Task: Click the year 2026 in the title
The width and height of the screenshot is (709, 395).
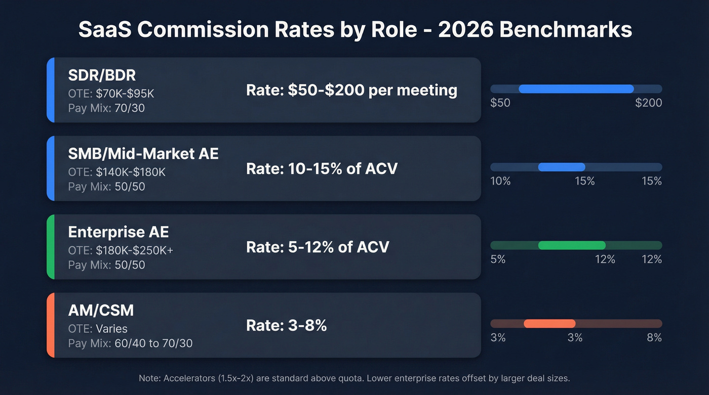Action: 464,30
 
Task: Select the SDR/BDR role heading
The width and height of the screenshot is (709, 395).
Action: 102,75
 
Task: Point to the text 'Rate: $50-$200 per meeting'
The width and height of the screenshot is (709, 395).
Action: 351,90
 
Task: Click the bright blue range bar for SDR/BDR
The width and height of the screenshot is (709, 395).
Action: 576,89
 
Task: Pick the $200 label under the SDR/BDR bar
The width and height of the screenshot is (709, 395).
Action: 648,103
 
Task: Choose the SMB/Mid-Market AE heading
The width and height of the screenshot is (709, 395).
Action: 143,153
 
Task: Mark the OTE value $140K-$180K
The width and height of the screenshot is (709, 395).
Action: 131,172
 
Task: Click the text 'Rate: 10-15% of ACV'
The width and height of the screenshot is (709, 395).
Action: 322,168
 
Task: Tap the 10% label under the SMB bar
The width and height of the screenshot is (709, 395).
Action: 500,181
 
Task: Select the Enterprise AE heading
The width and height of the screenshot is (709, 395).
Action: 119,232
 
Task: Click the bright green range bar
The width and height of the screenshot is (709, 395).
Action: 572,245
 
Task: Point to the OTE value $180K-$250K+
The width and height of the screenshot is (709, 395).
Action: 135,251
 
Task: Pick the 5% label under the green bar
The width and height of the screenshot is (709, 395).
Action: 498,259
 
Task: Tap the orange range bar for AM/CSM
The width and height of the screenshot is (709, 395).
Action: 549,324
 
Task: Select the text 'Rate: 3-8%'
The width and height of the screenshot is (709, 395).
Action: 286,325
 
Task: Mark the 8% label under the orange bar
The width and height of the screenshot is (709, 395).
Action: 654,338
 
